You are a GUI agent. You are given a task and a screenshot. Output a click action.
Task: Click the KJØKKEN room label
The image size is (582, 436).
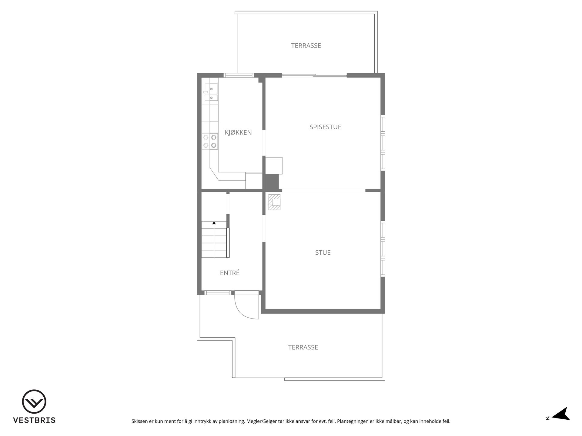coord(238,132)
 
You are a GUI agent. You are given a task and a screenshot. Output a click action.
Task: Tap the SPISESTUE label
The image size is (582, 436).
coord(325,127)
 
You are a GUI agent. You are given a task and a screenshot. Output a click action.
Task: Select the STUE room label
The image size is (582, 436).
coord(323,253)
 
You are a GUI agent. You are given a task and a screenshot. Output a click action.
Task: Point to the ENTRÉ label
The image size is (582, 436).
coord(230,273)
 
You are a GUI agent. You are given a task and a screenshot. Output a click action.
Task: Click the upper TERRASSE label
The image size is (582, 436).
coord(306,45)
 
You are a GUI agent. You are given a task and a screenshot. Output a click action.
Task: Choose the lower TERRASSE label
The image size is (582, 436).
coord(303,347)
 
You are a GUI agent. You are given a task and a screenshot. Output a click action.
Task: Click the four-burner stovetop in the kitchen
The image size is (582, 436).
coord(210,141)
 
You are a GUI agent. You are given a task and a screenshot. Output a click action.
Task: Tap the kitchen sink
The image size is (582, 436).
coord(211,93)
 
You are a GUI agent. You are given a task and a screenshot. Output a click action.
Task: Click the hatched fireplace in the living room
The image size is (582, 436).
coord(274,202)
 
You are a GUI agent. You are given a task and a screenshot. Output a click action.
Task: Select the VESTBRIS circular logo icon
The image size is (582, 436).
coord(34,401)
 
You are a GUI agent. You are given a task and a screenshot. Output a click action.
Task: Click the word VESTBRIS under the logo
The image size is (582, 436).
coord(34,420)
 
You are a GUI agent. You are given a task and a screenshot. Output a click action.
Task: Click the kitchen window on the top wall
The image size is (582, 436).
coord(239,75)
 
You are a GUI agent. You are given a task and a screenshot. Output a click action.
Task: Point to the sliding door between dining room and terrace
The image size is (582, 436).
coord(314,75)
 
